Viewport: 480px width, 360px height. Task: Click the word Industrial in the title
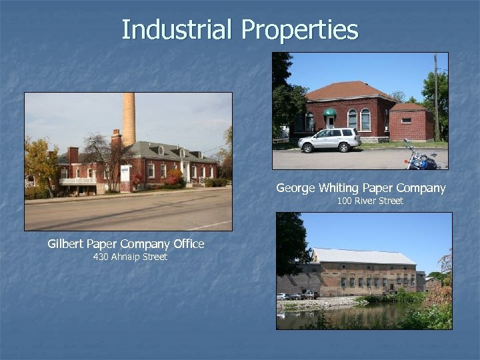[177, 30]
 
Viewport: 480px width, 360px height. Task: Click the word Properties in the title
[299, 30]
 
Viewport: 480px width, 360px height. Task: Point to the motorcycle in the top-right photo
[422, 160]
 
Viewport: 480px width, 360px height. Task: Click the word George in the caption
[298, 189]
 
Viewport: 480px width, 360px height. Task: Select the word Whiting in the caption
[347, 189]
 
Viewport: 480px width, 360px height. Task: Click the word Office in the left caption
[188, 244]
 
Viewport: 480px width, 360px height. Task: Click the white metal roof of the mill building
[363, 256]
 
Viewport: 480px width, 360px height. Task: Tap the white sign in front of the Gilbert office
[125, 173]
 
